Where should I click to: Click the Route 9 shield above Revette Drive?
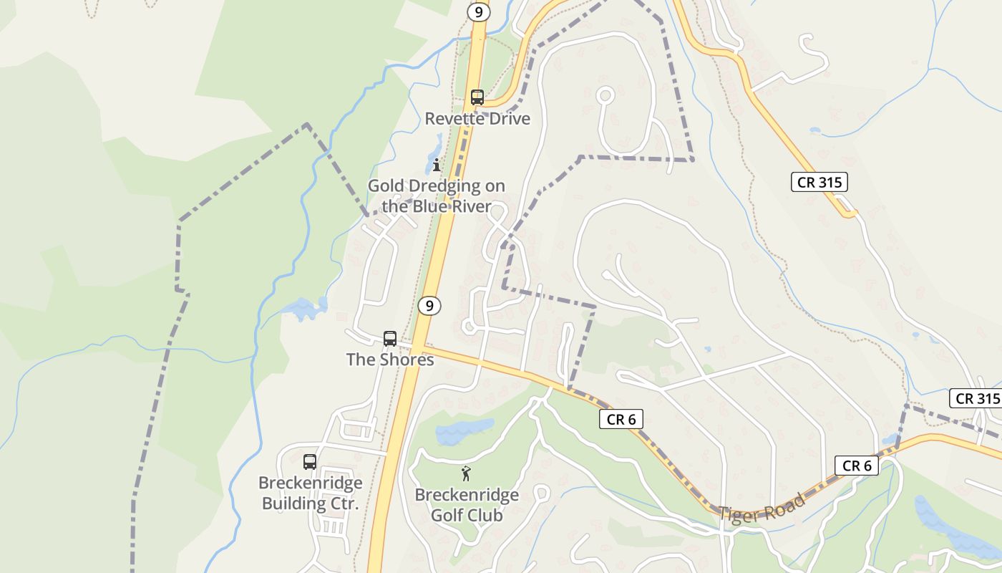[x=478, y=12]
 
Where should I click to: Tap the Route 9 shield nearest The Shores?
[x=429, y=306]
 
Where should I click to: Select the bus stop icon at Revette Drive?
[x=477, y=97]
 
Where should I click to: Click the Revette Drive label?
[x=477, y=119]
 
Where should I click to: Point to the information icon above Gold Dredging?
[x=437, y=165]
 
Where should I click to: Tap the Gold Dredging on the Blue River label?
[x=437, y=196]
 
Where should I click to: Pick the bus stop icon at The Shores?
[x=390, y=339]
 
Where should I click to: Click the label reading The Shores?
[x=390, y=360]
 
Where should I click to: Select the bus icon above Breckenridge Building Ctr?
[x=310, y=462]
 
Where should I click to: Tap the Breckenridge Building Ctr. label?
[x=310, y=493]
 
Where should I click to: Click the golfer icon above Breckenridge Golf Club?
[x=467, y=473]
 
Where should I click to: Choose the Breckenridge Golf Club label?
[x=467, y=505]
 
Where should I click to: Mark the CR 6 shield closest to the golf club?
[x=621, y=420]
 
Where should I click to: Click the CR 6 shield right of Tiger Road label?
[x=857, y=466]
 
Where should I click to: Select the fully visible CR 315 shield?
[x=819, y=182]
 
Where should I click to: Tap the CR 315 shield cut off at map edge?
[x=977, y=399]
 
